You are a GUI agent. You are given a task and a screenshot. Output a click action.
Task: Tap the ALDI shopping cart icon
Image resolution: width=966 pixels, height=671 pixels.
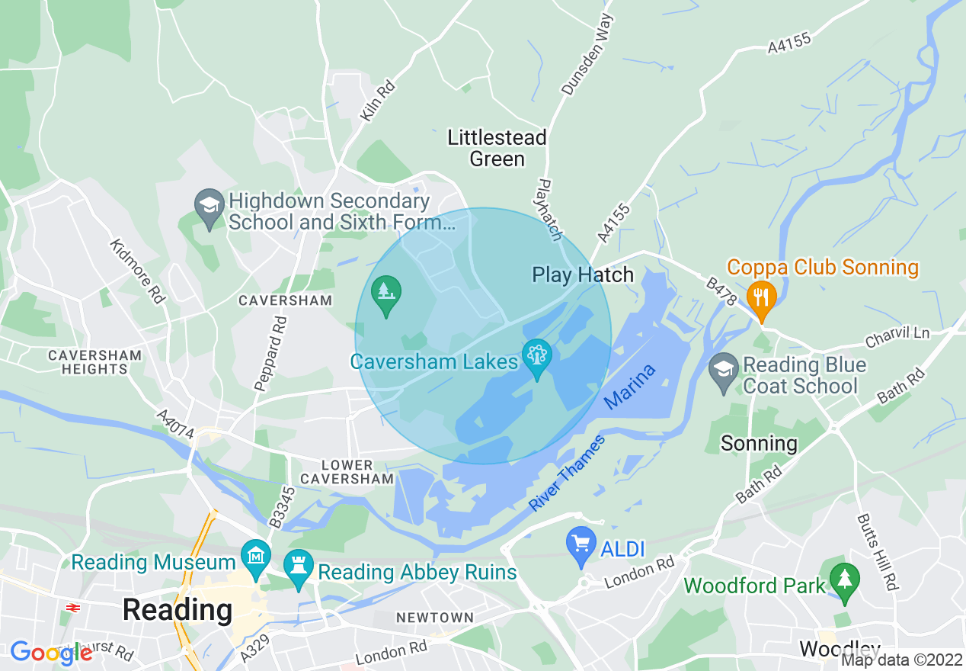[582, 544]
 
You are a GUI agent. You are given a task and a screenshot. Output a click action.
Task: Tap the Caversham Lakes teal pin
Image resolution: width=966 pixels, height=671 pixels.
[537, 357]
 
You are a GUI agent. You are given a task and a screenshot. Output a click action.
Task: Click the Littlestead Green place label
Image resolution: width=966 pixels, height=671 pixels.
[497, 148]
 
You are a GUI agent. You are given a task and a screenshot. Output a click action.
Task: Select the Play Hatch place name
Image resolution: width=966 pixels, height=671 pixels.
[583, 274]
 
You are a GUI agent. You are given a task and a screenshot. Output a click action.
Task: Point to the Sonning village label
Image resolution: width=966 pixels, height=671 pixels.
[758, 443]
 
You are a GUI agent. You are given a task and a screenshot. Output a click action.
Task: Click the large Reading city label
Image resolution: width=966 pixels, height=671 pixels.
[177, 610]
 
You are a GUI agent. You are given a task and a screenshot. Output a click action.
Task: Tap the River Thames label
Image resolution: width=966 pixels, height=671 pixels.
[567, 474]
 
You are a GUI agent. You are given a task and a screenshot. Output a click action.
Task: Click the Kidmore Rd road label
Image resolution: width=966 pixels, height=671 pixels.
[137, 271]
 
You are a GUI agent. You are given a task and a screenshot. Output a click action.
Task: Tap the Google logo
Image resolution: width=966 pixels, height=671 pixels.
[50, 653]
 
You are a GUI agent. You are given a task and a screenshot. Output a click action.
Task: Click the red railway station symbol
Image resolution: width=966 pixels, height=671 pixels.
[74, 608]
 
